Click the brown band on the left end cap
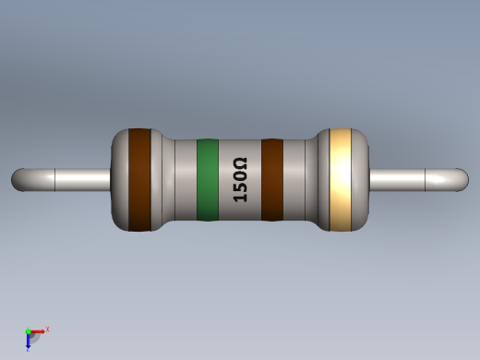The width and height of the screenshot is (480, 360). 139,179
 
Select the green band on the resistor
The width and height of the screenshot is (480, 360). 208,180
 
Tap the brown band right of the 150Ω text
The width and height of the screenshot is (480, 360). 272,180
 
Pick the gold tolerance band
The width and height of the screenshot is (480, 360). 341,179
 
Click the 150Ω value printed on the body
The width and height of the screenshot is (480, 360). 240,180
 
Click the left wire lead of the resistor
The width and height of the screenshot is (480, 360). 74,179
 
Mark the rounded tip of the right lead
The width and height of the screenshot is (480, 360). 462,179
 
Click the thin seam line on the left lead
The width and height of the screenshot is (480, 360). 55,179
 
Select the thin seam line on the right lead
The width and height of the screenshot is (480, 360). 426,179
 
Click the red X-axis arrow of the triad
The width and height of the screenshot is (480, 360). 39,330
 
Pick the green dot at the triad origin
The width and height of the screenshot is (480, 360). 29,331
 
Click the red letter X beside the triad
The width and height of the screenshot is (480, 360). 47,329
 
